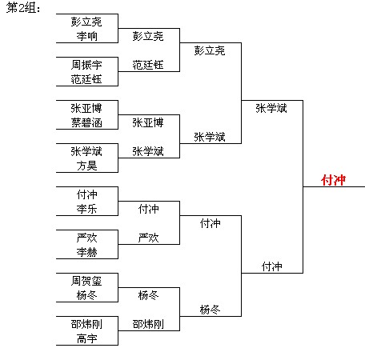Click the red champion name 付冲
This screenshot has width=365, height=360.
333,180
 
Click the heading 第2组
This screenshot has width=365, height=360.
23,7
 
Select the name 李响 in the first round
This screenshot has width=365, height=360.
87,36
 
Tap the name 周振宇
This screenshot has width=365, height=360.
86,65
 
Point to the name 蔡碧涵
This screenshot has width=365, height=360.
86,122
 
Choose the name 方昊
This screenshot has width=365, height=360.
87,166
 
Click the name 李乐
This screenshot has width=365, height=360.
87,209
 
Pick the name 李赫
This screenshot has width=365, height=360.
87,252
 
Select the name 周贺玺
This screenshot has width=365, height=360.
86,281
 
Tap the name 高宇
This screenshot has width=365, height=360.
87,338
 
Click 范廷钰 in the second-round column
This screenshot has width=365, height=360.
148,65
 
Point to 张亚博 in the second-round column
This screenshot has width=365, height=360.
148,122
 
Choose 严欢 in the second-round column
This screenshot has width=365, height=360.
149,238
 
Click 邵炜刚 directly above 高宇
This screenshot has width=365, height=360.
86,324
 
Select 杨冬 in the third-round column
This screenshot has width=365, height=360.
210,310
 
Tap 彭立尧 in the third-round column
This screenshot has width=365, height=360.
210,50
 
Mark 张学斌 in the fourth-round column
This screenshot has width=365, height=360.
271,108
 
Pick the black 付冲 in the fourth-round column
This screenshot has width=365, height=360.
272,266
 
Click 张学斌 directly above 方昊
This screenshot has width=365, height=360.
86,151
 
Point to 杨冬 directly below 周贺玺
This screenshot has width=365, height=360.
87,295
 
